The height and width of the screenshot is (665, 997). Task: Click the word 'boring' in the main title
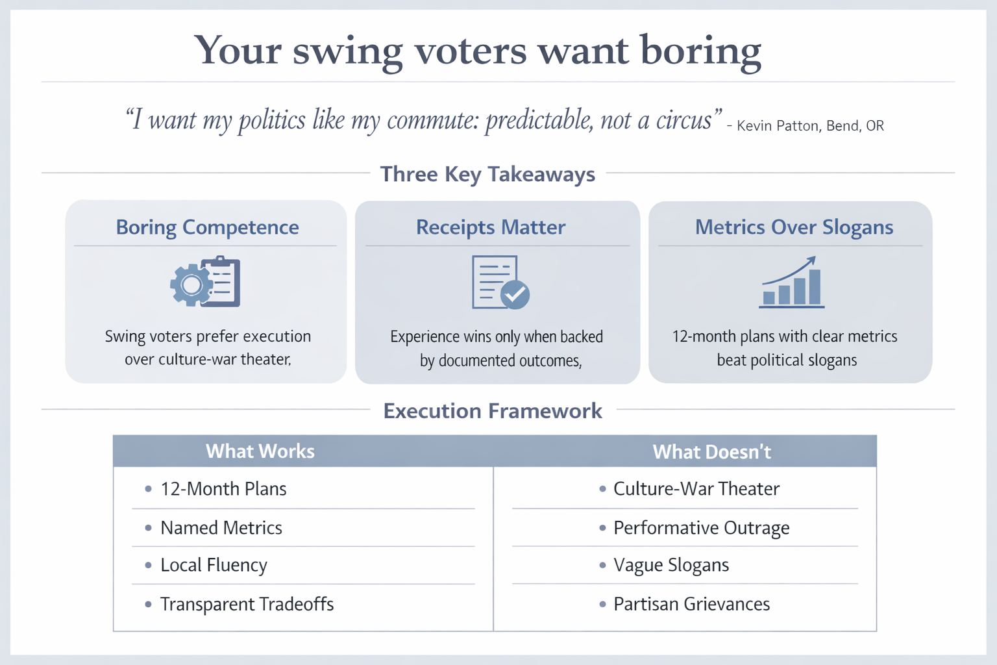tap(700, 51)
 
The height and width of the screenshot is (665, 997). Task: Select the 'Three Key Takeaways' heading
tap(487, 174)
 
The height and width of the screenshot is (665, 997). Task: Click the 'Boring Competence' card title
tap(207, 227)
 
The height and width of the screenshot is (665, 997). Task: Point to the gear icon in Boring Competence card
tap(190, 284)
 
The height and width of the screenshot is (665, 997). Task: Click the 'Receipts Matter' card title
tap(491, 227)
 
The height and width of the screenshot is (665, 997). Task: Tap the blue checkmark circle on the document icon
tap(516, 294)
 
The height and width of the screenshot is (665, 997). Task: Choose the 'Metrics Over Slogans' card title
tap(794, 227)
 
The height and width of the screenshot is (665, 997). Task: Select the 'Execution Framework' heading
tap(493, 411)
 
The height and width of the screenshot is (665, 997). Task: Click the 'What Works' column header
tap(260, 451)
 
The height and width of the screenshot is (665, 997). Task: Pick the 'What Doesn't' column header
tap(711, 452)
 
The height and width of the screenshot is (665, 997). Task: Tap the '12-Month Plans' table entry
tap(223, 489)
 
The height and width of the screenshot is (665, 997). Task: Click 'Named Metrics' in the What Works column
tap(221, 528)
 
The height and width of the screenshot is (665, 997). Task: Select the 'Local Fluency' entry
tap(214, 566)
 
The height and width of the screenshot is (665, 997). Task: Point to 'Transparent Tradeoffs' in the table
tap(247, 605)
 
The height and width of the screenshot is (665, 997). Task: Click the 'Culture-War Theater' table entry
tap(696, 489)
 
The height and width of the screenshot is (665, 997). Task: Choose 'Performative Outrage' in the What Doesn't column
tap(701, 528)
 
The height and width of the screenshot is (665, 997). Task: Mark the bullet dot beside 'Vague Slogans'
tap(602, 566)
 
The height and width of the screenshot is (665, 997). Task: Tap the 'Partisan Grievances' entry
tap(691, 605)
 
